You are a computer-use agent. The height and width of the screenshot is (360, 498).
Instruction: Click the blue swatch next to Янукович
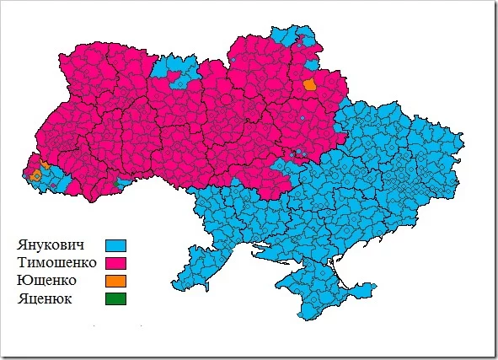(x=115, y=245)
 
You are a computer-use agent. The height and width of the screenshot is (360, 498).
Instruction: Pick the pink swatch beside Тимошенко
(x=115, y=263)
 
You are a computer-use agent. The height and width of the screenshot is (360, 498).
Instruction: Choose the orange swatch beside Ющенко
(x=115, y=281)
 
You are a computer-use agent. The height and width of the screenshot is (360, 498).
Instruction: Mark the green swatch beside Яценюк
(x=115, y=298)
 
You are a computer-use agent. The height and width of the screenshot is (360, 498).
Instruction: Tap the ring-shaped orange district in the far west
(x=35, y=176)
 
